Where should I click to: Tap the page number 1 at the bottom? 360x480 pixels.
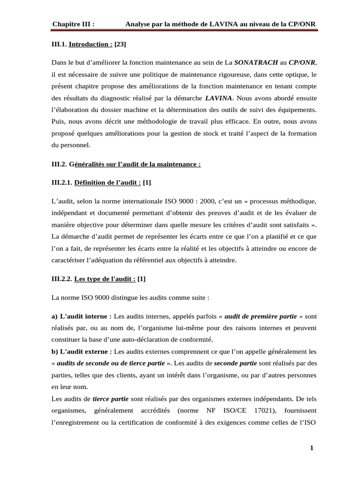click(312, 449)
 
